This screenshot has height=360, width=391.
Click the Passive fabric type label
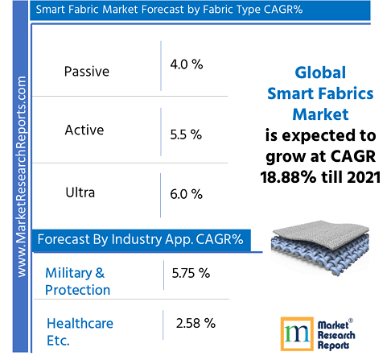86,71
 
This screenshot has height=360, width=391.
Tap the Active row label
84,130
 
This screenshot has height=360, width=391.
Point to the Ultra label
80,192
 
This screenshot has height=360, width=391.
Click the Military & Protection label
78,281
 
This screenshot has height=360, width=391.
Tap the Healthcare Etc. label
80,331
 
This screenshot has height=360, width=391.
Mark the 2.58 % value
195,323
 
